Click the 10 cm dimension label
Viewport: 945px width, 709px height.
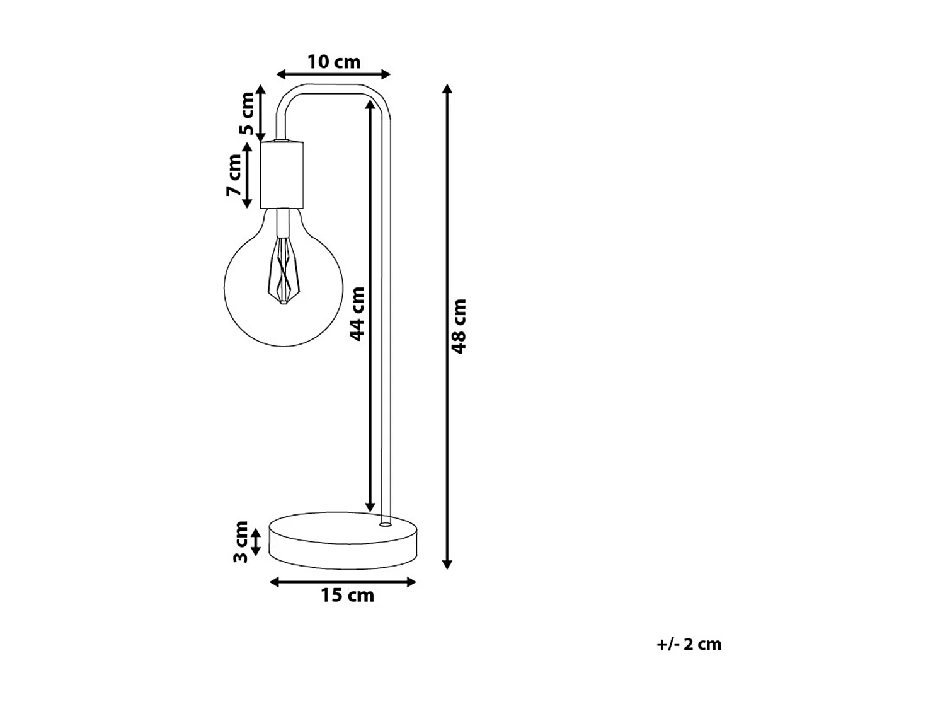[x=334, y=62]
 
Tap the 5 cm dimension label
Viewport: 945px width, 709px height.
[x=248, y=113]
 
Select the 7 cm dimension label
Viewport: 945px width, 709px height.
[x=234, y=175]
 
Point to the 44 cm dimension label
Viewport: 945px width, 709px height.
[x=357, y=314]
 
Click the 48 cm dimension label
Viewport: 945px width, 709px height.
[x=459, y=326]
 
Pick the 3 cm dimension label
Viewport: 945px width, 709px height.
[x=241, y=542]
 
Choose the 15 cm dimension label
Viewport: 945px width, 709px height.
[x=347, y=596]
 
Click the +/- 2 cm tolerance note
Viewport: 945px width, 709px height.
[x=689, y=644]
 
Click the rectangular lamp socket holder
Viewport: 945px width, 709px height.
[x=282, y=175]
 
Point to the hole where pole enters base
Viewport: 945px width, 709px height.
[x=385, y=523]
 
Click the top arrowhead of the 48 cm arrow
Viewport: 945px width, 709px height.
[x=447, y=89]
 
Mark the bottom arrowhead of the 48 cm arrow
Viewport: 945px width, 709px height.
[x=447, y=564]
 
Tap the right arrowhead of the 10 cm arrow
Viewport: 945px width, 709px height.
[x=386, y=74]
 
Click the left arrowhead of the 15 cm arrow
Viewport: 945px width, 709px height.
[x=275, y=582]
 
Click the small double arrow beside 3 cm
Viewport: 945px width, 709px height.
[x=256, y=542]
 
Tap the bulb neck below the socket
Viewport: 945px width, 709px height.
[x=283, y=221]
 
